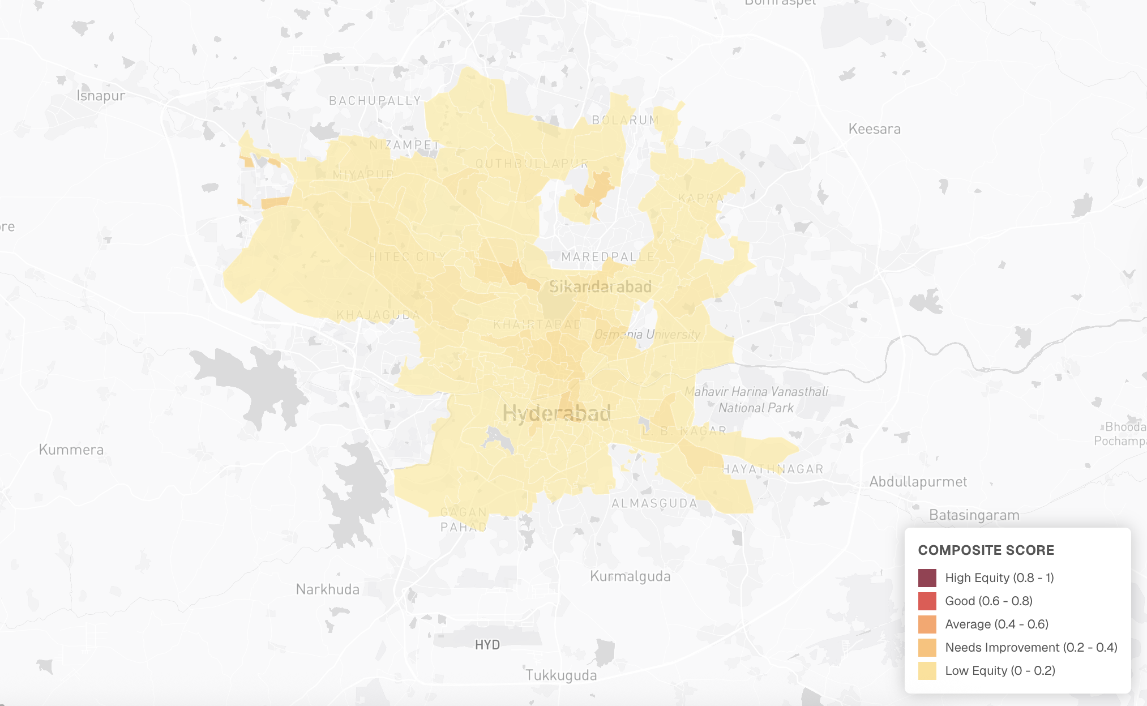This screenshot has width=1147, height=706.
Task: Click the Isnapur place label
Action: (x=101, y=96)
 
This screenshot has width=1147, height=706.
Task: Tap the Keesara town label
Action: (x=874, y=129)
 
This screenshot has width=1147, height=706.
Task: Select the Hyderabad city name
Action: (x=557, y=413)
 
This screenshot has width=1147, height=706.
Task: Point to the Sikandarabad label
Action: (x=600, y=287)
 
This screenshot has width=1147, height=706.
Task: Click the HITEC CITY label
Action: (x=408, y=257)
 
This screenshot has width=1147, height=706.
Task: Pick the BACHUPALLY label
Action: (x=375, y=101)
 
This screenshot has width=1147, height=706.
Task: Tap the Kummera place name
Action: (x=71, y=450)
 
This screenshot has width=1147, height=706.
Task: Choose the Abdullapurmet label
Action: (x=918, y=482)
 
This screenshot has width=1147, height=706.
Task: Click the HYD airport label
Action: (x=487, y=645)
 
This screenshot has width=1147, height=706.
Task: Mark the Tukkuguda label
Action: (x=561, y=675)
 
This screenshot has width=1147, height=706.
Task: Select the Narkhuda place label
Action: (x=327, y=589)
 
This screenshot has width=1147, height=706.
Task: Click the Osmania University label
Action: (x=647, y=335)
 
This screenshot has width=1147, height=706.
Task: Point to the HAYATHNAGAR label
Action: (x=773, y=469)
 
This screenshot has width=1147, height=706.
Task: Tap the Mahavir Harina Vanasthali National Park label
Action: (x=756, y=400)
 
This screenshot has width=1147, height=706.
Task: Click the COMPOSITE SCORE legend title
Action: (x=986, y=550)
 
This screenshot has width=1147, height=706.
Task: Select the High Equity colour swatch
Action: (x=927, y=578)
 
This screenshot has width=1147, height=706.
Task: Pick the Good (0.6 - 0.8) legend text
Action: (x=988, y=601)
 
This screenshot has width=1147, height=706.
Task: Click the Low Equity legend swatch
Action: (x=927, y=671)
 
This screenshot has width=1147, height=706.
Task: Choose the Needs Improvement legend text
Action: (x=1031, y=648)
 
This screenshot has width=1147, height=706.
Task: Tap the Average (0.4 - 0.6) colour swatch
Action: (x=927, y=624)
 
